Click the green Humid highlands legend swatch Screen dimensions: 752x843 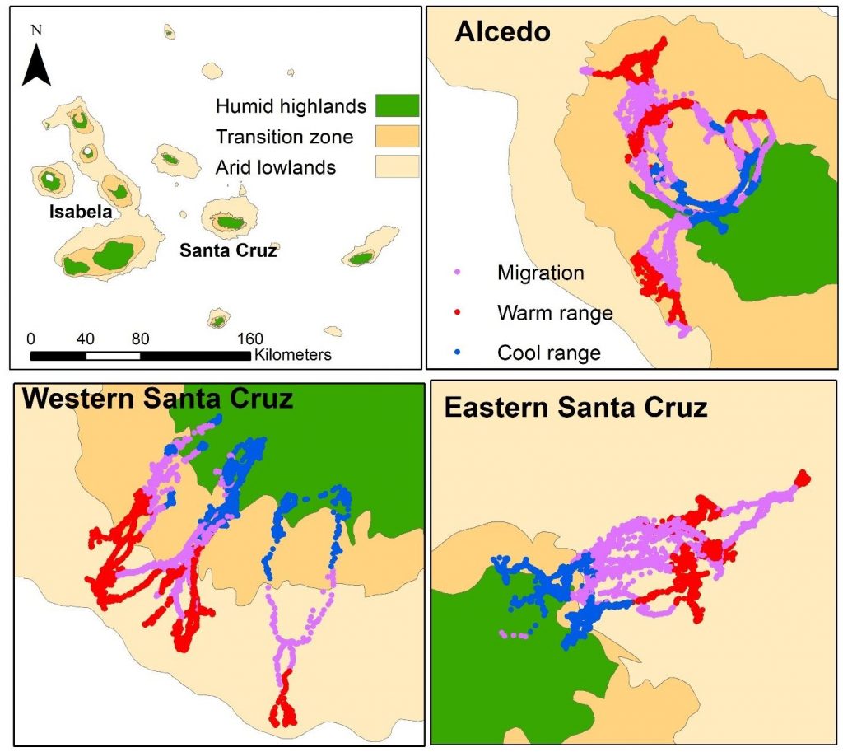point(397,105)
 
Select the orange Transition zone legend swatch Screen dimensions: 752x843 point(397,136)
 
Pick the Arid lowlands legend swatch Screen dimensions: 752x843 point(397,166)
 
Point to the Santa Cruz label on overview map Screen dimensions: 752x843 point(228,250)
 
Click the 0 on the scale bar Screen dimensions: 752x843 point(30,339)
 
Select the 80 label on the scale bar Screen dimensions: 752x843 point(140,339)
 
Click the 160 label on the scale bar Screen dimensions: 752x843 point(249,339)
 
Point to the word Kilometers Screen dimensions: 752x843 point(293,356)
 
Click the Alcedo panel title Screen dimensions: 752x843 point(502,33)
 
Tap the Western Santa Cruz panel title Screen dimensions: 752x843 point(157,399)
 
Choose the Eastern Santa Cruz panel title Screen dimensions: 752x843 point(575,407)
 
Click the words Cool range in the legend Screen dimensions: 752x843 point(549,353)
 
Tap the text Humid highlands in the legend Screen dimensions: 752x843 point(290,105)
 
